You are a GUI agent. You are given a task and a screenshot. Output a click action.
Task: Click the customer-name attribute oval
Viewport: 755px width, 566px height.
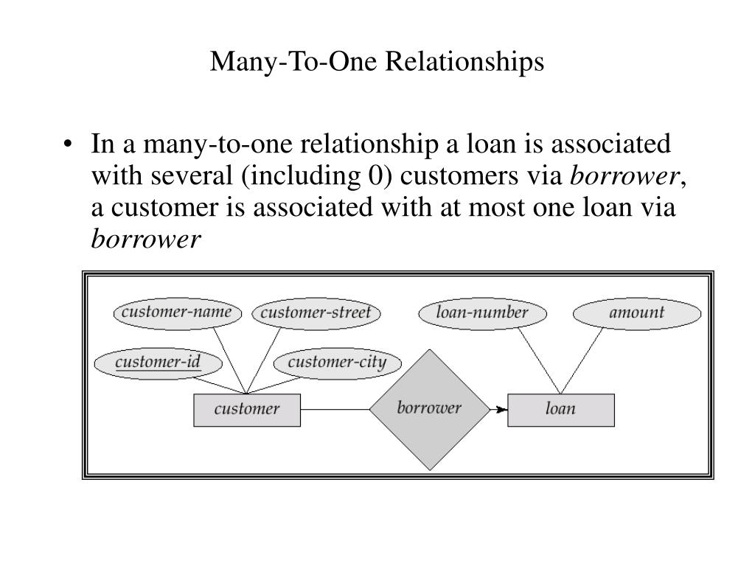click(177, 312)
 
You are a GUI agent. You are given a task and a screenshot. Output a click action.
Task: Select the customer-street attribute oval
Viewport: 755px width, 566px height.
click(316, 313)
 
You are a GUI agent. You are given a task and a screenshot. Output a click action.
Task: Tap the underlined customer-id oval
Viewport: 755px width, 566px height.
click(159, 362)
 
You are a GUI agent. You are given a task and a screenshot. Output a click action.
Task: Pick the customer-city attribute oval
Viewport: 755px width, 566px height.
click(337, 363)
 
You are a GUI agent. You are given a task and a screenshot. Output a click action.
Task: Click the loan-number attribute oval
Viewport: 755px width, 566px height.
click(482, 312)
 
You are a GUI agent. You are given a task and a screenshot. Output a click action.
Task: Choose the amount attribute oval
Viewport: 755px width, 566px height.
click(636, 312)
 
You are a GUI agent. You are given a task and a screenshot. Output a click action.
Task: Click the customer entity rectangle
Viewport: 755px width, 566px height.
click(247, 410)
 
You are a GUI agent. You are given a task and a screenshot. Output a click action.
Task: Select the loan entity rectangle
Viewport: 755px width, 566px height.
click(560, 410)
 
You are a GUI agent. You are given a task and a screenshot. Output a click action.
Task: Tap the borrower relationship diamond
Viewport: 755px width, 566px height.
click(429, 409)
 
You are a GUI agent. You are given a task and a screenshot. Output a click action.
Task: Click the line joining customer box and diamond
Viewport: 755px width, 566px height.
click(335, 410)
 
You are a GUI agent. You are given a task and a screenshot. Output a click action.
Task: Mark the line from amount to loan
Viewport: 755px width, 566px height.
click(582, 361)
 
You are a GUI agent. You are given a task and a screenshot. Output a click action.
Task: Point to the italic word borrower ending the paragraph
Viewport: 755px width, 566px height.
click(145, 240)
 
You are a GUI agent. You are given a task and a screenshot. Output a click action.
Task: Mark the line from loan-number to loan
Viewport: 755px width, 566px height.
click(539, 360)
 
